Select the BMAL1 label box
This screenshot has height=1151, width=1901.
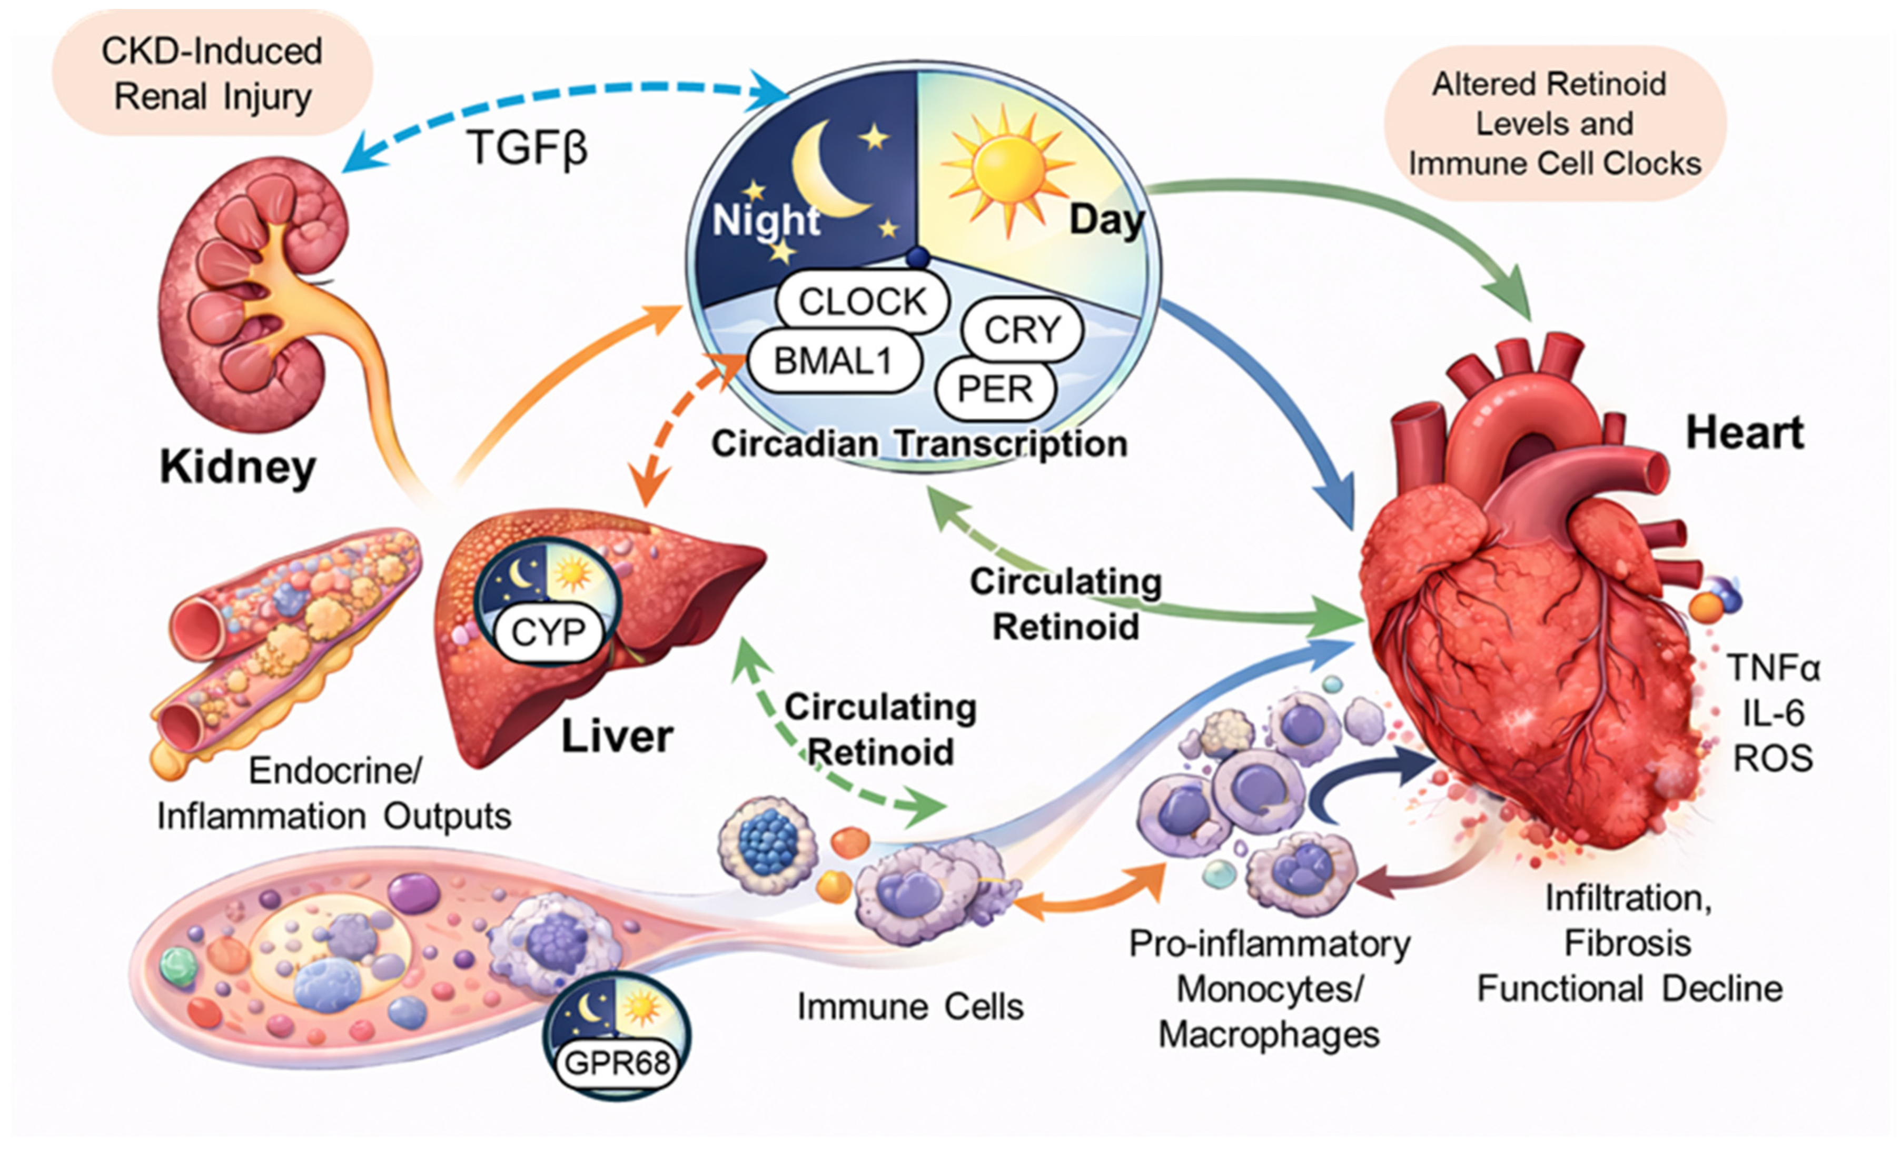click(x=833, y=360)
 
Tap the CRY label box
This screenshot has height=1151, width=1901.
click(x=1022, y=330)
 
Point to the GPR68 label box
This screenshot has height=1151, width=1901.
click(x=617, y=1063)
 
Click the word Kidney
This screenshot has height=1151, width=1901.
click(x=237, y=467)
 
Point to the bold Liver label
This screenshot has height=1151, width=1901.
click(x=617, y=736)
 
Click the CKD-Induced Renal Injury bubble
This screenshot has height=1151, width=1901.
click(x=212, y=74)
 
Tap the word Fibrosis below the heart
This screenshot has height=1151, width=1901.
click(x=1628, y=942)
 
